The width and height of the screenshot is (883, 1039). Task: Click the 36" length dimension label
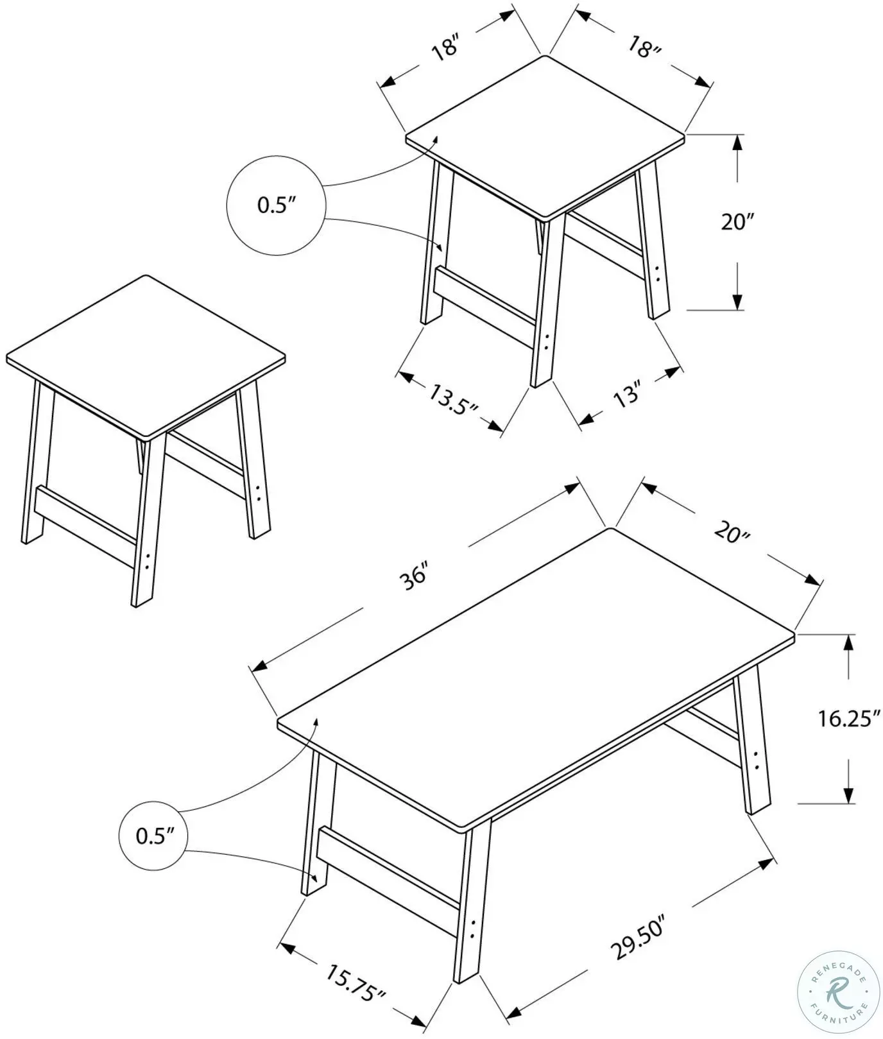[413, 576]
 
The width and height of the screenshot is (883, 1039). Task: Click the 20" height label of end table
[737, 222]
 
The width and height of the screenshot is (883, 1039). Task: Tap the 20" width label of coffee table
[732, 532]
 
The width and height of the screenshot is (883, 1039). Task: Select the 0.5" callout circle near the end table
[276, 205]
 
